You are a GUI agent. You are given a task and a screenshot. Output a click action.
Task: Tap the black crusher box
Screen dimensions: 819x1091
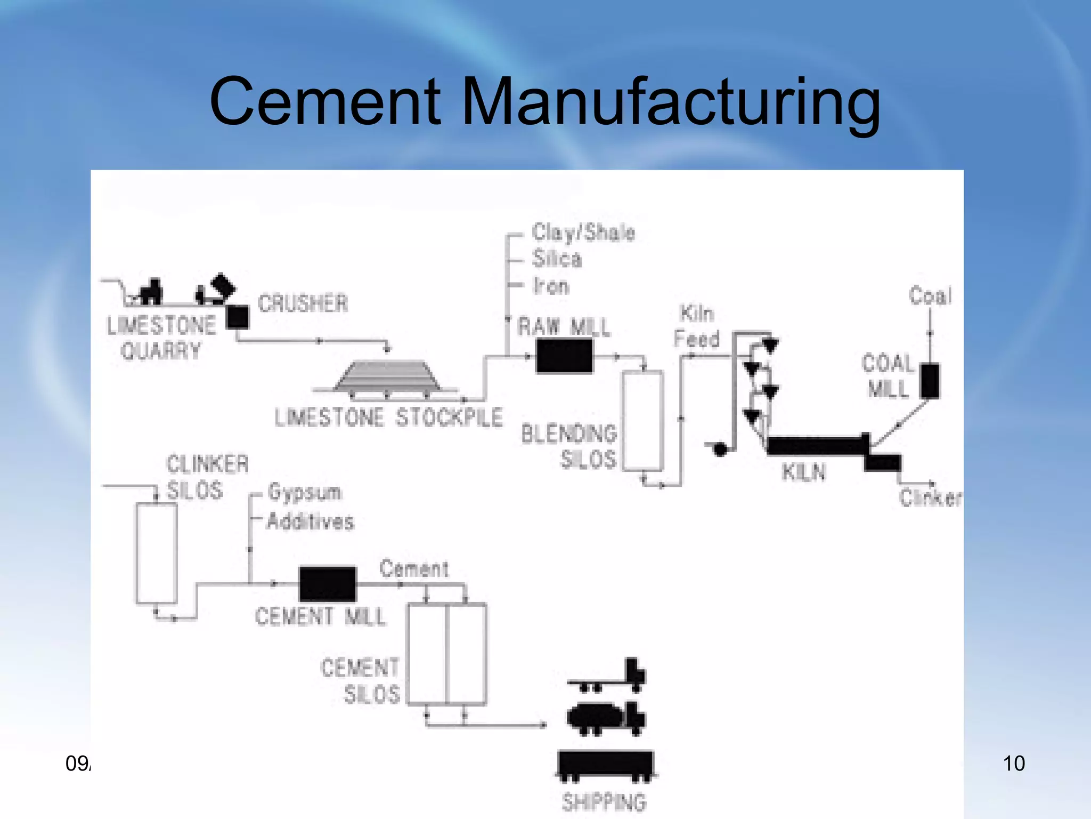click(238, 317)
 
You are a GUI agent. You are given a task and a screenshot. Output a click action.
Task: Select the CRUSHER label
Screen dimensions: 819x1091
click(303, 303)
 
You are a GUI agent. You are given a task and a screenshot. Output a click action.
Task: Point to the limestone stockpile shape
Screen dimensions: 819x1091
click(387, 376)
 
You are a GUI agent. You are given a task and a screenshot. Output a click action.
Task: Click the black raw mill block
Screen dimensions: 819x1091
click(564, 356)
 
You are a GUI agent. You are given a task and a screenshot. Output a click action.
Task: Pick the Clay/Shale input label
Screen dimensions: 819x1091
click(583, 232)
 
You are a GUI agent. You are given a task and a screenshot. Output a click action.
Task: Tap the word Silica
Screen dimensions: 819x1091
click(557, 259)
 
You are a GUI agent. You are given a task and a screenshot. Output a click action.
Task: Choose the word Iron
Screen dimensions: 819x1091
click(551, 286)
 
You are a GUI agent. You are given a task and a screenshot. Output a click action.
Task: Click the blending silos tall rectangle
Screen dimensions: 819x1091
click(643, 421)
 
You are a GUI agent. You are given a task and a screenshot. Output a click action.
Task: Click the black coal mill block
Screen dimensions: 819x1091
click(930, 381)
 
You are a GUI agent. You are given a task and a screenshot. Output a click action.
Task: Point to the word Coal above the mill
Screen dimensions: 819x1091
click(930, 295)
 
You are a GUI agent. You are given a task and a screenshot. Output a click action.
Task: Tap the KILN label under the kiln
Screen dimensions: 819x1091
click(804, 472)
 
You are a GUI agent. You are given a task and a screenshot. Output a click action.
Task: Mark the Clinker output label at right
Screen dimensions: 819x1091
click(930, 498)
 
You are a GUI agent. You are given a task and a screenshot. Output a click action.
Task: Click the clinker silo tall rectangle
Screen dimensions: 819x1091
click(157, 553)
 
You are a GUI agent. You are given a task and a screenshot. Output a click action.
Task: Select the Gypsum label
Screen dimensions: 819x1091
click(305, 492)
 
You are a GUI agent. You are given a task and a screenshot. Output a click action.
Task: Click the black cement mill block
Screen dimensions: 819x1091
click(327, 584)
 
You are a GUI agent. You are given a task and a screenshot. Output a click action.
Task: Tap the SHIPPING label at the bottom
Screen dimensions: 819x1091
click(604, 801)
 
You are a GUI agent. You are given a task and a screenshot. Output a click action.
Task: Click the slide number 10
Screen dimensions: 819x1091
click(1013, 764)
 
